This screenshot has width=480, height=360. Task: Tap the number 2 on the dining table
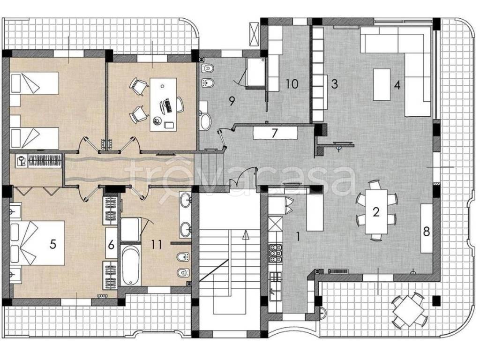376,212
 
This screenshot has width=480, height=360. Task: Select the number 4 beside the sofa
397,85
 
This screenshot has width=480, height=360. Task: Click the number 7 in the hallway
274,133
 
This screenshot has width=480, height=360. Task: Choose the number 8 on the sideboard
427,232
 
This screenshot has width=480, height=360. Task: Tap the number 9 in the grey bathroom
232,101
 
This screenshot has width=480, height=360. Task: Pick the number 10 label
292,83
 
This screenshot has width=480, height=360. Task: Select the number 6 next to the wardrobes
111,245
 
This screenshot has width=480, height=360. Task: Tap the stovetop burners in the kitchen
275,253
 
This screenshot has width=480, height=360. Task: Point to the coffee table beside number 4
382,84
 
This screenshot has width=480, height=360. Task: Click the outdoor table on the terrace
409,311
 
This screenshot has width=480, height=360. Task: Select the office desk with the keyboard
163,105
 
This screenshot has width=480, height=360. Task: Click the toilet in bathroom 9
207,68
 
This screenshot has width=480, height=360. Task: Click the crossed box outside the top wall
255,34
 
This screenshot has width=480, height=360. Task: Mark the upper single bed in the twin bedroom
34,83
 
